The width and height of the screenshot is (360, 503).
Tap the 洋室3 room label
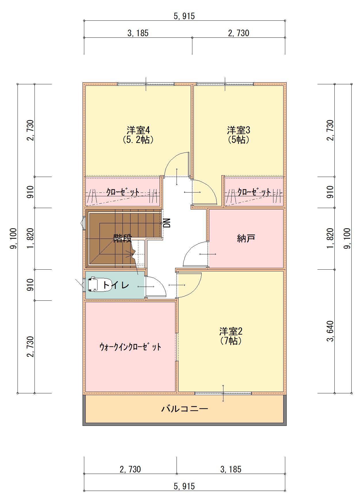[238, 130]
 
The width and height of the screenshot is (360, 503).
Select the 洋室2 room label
[231, 331]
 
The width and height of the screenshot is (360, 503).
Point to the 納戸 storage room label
[246, 238]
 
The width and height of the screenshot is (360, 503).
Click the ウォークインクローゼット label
[130, 347]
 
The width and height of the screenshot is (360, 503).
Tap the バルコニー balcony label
[184, 409]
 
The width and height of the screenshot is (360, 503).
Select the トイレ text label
[116, 285]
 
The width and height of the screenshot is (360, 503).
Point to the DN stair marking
[167, 223]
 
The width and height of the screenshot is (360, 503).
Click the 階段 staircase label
[122, 238]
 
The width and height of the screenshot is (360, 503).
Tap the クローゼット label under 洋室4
[123, 192]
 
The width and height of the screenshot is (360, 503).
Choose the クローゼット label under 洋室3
[254, 192]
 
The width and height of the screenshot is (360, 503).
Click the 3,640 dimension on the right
[330, 331]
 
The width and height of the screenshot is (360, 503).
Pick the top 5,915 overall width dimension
[184, 16]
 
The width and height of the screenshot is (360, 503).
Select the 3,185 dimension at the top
[138, 33]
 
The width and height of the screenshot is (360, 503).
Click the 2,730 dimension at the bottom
[130, 469]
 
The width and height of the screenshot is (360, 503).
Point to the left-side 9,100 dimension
[13, 239]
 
